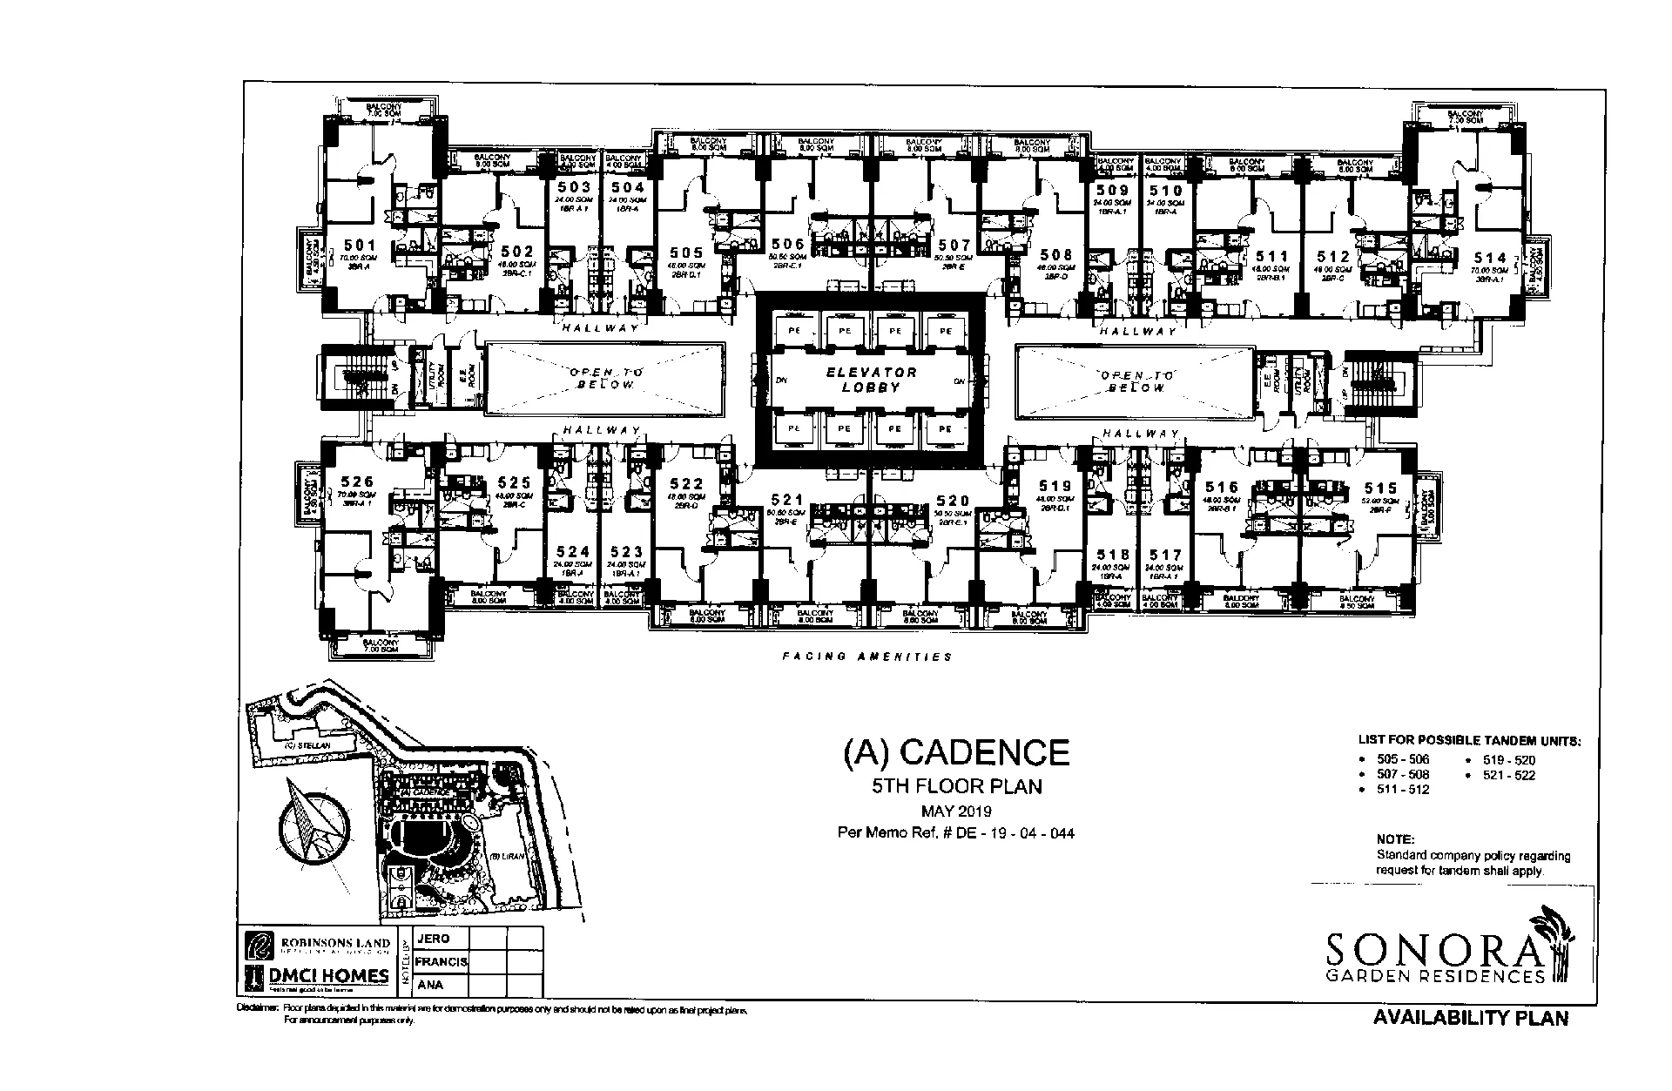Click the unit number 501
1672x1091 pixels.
tap(359, 246)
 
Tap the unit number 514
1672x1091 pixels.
tap(1490, 258)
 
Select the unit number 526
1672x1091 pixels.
tap(357, 482)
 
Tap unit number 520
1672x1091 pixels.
tap(953, 501)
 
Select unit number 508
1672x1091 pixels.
tap(1056, 254)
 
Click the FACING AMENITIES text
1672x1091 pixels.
tap(866, 657)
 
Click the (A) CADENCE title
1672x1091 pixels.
tap(955, 751)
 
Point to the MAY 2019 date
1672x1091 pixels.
tap(956, 812)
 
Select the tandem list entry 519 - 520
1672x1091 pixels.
tap(1510, 759)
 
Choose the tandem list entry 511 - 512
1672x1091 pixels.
tap(1403, 790)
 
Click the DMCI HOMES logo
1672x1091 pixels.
tap(317, 977)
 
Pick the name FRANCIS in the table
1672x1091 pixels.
tap(442, 962)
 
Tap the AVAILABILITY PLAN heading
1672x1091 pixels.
tap(1470, 1017)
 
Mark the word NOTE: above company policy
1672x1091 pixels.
tap(1394, 839)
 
